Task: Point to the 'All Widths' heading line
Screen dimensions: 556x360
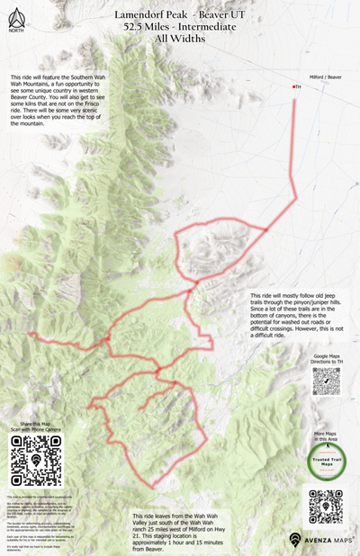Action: click(179, 40)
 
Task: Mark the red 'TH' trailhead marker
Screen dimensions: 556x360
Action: click(296, 86)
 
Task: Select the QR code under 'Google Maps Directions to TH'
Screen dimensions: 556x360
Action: click(325, 381)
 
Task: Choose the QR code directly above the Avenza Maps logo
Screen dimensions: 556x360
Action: click(325, 507)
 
